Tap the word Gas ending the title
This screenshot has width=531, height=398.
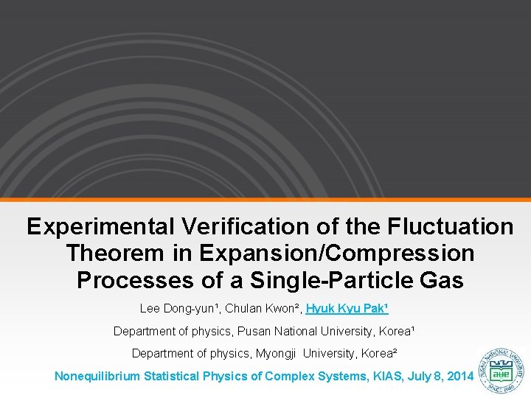click(x=441, y=280)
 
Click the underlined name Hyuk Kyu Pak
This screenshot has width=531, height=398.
click(x=347, y=308)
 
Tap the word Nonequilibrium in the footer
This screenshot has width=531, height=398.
click(x=97, y=376)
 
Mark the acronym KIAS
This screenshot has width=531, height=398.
click(x=379, y=376)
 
